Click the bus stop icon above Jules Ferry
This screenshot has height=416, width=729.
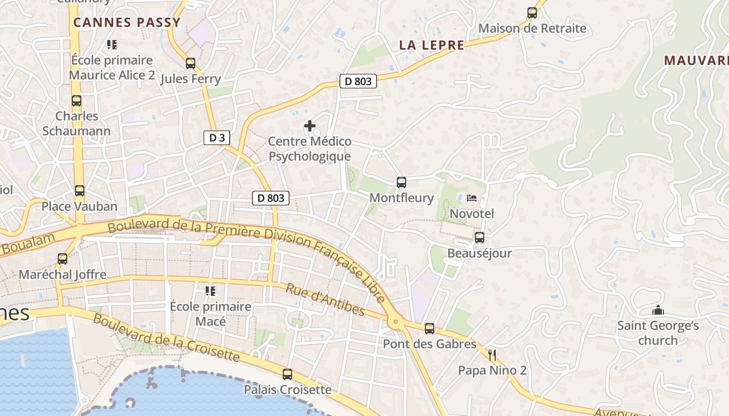tap(191, 63)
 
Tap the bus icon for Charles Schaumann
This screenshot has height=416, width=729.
tap(77, 101)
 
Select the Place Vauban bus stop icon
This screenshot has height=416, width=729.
tap(80, 191)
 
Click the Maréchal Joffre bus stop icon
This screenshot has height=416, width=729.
tap(62, 259)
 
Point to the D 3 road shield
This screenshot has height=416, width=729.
tap(217, 138)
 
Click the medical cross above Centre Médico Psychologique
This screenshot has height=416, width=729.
tap(310, 126)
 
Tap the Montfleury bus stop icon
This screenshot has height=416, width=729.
tap(401, 183)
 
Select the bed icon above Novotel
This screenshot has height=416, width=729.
tap(472, 198)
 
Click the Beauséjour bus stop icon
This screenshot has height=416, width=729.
tap(480, 238)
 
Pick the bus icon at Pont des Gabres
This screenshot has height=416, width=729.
tap(430, 329)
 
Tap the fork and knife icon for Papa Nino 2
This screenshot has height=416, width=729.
tap(492, 355)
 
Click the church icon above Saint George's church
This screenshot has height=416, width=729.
tap(658, 310)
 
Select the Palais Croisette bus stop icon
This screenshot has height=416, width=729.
tap(287, 374)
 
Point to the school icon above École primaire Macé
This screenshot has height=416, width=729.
tap(210, 291)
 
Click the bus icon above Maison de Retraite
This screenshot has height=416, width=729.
tap(532, 13)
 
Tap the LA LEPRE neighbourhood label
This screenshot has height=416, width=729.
tap(432, 45)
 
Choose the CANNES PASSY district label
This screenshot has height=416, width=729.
tap(127, 22)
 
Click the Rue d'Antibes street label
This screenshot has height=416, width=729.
tap(325, 300)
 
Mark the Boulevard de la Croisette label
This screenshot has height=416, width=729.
tap(167, 339)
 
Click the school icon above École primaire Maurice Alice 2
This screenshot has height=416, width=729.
tap(112, 45)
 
